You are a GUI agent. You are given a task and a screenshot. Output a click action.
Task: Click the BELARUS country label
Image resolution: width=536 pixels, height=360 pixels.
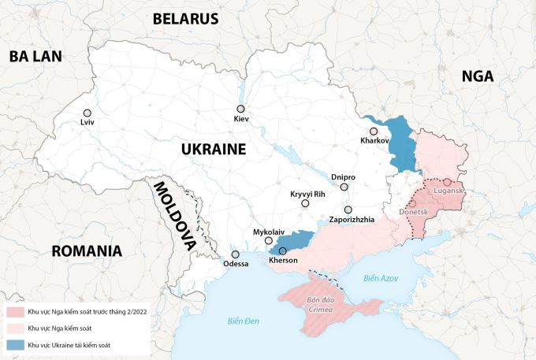(185, 18)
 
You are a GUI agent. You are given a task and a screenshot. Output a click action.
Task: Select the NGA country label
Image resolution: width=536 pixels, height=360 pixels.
(478, 76)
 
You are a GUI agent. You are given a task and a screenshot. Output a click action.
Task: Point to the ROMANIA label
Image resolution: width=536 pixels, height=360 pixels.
(87, 251)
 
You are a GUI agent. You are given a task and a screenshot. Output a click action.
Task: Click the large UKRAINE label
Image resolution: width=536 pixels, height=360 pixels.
(213, 149)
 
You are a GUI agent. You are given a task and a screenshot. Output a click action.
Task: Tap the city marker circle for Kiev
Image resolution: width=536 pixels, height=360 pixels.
(241, 109)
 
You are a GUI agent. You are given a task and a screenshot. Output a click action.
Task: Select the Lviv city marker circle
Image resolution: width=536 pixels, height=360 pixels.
(87, 113)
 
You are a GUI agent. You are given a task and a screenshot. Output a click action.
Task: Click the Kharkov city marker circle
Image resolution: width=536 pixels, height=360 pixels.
(374, 131)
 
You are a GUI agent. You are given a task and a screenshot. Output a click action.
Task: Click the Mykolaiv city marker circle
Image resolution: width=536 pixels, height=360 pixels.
(269, 241)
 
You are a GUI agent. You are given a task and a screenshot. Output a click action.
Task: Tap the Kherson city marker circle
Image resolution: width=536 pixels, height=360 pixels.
(283, 251)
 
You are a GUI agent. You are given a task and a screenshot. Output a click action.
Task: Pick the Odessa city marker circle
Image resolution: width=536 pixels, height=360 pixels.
(235, 254)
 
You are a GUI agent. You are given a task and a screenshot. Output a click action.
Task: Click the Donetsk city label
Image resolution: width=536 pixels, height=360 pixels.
(413, 213)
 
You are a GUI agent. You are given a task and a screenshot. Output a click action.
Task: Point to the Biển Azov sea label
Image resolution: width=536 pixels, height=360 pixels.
(382, 278)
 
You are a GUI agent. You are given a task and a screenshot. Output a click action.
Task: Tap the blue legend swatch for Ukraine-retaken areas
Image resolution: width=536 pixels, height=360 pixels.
(14, 345)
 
